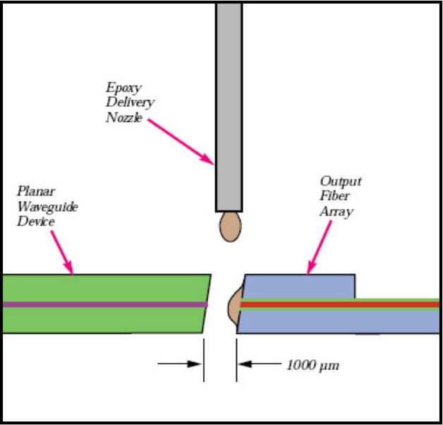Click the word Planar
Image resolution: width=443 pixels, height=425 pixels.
33,191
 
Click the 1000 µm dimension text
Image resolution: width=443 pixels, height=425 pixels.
313,365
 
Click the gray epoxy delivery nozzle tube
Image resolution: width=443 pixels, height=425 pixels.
229,106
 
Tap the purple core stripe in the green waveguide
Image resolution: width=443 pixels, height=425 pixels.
106,304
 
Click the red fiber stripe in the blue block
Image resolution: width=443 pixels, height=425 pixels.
339,304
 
